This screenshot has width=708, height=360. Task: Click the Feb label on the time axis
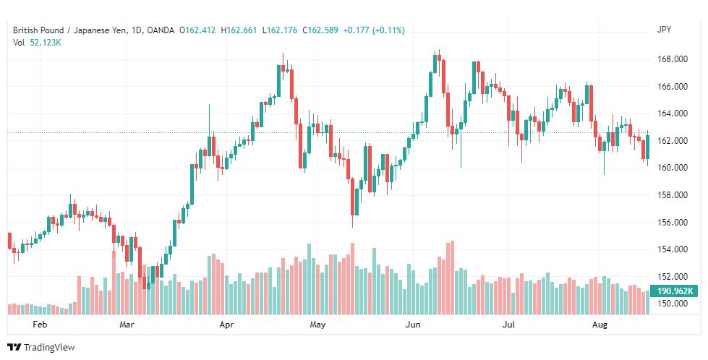pos(40,325)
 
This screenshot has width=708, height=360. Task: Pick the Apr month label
pos(226,325)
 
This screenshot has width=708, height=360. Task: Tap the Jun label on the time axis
pos(413,325)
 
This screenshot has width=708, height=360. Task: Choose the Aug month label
pos(600,325)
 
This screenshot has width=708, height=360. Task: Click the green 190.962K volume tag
pos(673,291)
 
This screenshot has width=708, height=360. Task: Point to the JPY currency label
pos(664,30)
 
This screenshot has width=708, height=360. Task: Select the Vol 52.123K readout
pos(37,43)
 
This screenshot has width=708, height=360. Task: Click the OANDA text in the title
pos(161,30)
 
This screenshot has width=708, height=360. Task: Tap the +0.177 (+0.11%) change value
pos(374,30)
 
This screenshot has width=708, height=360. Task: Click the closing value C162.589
pos(320,30)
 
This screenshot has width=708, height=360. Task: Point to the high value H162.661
pos(239,30)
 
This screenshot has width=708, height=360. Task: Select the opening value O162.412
pos(197,30)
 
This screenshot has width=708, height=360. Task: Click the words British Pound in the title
pos(38,30)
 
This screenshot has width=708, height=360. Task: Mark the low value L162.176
pos(280,30)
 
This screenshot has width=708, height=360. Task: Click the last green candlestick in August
pos(647,147)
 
